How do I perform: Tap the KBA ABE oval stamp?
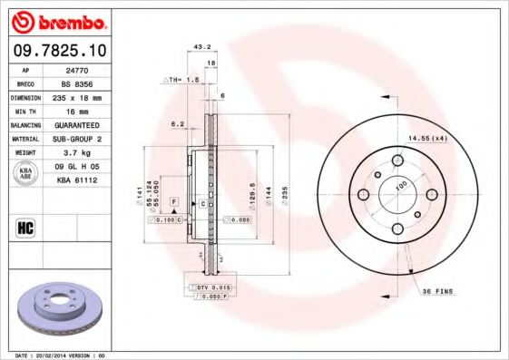coord(26,173)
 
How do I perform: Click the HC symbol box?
coord(25,227)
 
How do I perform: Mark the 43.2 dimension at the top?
coord(203,47)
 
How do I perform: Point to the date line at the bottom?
coord(60,355)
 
